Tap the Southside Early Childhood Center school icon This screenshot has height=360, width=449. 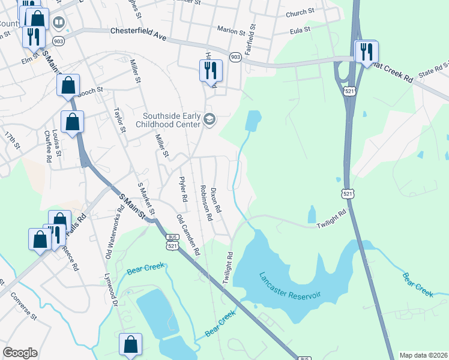(x=209, y=118)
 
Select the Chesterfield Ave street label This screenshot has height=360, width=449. (x=138, y=34)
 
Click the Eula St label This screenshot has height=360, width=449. (x=299, y=29)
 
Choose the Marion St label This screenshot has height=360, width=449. (x=228, y=29)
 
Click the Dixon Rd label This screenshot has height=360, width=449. (x=218, y=202)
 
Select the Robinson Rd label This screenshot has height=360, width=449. (x=206, y=203)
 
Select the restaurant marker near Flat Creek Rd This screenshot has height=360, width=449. (x=366, y=52)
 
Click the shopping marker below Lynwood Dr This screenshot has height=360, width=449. (x=130, y=344)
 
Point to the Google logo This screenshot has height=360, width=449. (x=20, y=353)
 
